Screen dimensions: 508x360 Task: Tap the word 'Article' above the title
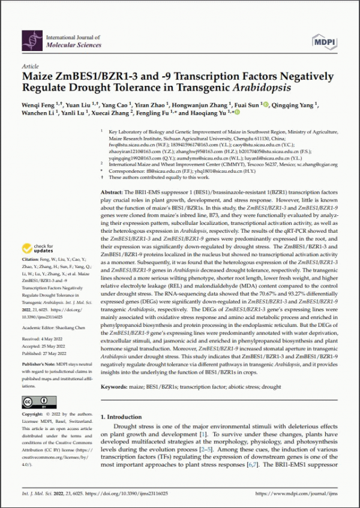(30, 67)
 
